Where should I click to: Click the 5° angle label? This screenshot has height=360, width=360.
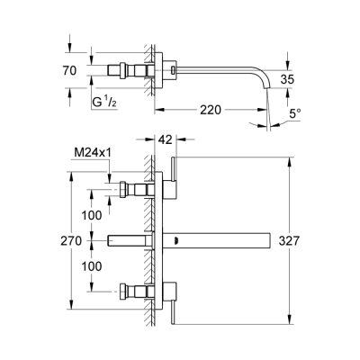click(295, 113)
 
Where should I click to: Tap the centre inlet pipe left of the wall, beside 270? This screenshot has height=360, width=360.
click(130, 240)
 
